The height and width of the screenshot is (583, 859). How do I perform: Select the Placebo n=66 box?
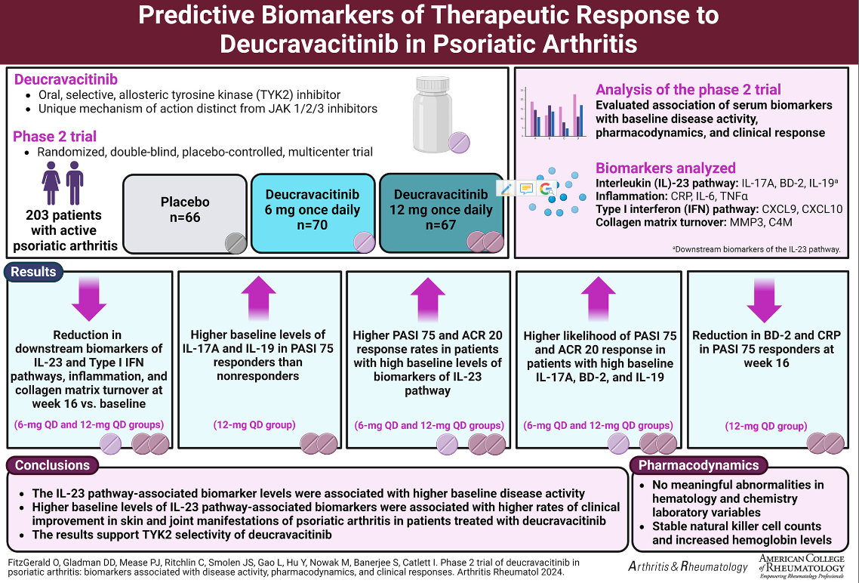tap(185, 213)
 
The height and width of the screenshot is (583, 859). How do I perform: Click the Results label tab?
tap(34, 271)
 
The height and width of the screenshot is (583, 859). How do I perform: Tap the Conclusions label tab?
tap(52, 465)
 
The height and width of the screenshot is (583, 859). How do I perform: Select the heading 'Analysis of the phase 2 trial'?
tap(688, 89)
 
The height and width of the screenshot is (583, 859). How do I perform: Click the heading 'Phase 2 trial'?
tap(54, 136)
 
